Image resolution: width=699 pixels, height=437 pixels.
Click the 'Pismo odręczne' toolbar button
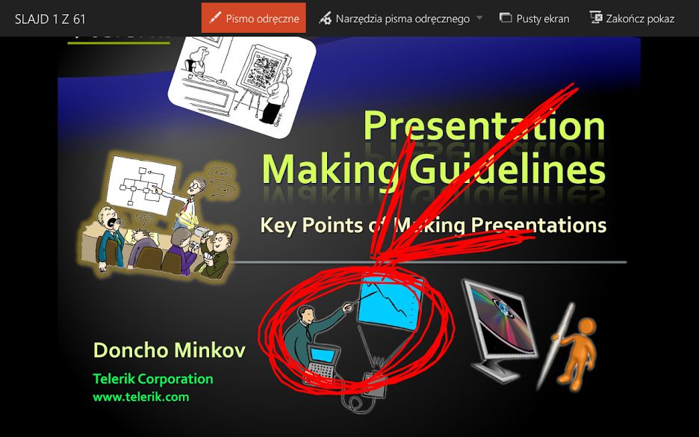click(254, 18)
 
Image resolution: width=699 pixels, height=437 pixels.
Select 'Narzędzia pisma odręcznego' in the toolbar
click(394, 19)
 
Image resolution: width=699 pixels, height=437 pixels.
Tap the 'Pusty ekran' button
click(535, 19)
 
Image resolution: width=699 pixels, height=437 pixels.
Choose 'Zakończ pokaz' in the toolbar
click(632, 19)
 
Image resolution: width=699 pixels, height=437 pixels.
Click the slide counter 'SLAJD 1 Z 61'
click(50, 19)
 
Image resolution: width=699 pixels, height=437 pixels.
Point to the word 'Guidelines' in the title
click(508, 170)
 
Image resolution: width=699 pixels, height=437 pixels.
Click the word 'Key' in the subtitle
click(278, 226)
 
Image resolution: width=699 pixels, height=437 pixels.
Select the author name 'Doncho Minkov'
click(170, 350)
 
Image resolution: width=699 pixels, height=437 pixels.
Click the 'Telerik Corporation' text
click(153, 379)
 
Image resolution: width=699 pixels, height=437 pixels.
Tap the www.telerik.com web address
click(141, 397)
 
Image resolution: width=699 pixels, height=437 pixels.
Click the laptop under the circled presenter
click(322, 362)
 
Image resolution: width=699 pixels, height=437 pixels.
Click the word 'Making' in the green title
click(330, 170)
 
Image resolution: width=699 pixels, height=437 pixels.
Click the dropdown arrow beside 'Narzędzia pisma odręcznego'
click(479, 18)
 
